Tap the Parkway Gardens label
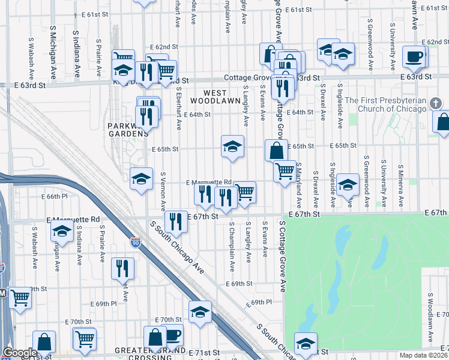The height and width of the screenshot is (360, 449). coord(127,130)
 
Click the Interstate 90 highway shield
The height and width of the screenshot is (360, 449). coord(136,243)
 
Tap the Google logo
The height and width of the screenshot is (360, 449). coord(20,353)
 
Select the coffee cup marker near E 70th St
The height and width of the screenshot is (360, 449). coord(172,335)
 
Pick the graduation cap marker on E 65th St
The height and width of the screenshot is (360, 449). coord(232,145)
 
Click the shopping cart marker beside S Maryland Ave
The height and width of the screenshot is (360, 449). coord(285,170)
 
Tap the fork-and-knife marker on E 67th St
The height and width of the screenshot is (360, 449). coord(176,221)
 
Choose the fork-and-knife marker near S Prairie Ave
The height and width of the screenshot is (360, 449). coord(122,267)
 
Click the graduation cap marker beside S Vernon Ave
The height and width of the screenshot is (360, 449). coord(142,178)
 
